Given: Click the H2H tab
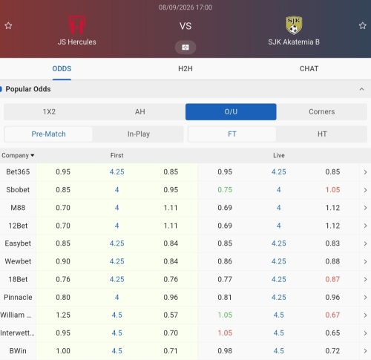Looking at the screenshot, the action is pyautogui.click(x=185, y=68).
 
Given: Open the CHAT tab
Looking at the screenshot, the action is pyautogui.click(x=309, y=68).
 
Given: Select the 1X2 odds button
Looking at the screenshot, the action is pyautogui.click(x=49, y=112).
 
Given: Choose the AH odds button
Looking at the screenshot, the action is pyautogui.click(x=140, y=112).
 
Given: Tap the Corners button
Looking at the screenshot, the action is pyautogui.click(x=322, y=112).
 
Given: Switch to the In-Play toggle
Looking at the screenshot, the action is pyautogui.click(x=139, y=134).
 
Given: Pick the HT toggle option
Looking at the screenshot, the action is pyautogui.click(x=322, y=134).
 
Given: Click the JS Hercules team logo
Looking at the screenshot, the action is pyautogui.click(x=77, y=24).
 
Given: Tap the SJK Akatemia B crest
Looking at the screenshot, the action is pyautogui.click(x=294, y=25).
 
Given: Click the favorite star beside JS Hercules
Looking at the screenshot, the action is pyautogui.click(x=8, y=25).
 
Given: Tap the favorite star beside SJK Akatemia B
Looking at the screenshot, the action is pyautogui.click(x=363, y=25).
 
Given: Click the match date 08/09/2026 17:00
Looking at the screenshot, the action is pyautogui.click(x=185, y=7).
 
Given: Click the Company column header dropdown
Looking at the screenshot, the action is pyautogui.click(x=18, y=155).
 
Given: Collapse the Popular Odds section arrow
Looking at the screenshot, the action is pyautogui.click(x=361, y=89).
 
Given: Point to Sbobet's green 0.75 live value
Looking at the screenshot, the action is pyautogui.click(x=225, y=190).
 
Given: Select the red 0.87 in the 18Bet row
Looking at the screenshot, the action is pyautogui.click(x=332, y=279).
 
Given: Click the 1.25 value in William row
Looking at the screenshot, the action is pyautogui.click(x=63, y=315).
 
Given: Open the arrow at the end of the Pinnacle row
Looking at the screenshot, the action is pyautogui.click(x=365, y=297).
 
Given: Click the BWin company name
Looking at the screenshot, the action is pyautogui.click(x=18, y=351).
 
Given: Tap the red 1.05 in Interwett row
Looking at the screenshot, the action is pyautogui.click(x=225, y=333).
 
